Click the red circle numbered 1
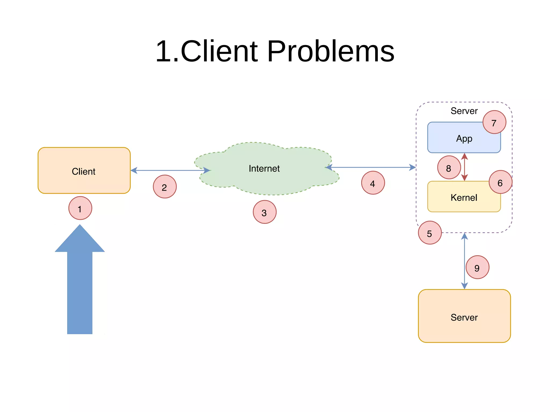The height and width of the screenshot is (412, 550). tap(80, 208)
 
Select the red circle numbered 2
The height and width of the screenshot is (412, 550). tap(165, 187)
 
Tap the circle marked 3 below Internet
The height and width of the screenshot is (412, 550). tap(265, 212)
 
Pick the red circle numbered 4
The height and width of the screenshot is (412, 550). tap(373, 183)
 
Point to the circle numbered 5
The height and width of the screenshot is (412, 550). tap(430, 233)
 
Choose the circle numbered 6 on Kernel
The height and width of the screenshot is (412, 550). tap(500, 182)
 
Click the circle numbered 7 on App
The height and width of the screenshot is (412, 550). tap(494, 122)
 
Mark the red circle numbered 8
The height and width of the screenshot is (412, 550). tap(449, 167)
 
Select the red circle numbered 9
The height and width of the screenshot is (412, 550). tap(477, 267)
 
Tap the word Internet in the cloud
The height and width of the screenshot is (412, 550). tap(264, 169)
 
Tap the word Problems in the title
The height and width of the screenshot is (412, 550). tap(330, 51)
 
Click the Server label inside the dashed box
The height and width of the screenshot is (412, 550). tap(464, 111)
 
